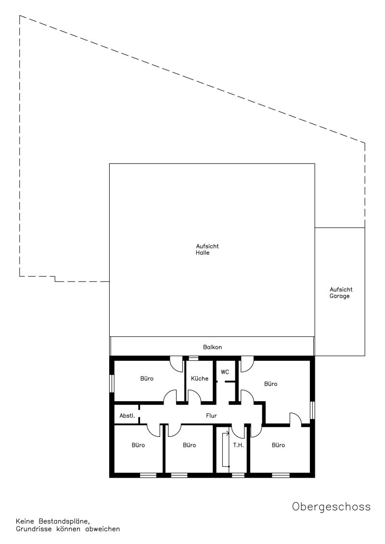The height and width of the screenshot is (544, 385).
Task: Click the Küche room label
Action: tap(199, 379)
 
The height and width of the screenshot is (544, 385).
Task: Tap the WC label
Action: tap(225, 372)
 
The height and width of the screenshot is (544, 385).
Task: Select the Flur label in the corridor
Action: tap(211, 416)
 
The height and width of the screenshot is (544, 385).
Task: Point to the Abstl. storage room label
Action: tap(127, 416)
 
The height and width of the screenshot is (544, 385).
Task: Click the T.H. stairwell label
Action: tap(238, 445)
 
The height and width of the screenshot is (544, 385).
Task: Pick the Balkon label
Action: tap(212, 347)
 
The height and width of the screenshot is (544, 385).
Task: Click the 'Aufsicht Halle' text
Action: tap(207, 249)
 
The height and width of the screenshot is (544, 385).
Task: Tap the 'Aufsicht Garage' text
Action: tap(341, 293)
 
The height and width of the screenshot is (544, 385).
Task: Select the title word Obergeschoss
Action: tap(331, 507)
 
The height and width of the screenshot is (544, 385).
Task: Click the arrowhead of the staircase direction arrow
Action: tap(228, 433)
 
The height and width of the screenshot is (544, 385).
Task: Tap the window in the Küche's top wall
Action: tap(193, 358)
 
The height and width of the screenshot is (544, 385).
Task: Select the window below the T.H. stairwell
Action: tap(238, 475)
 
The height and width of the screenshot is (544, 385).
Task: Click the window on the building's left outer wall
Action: tap(112, 383)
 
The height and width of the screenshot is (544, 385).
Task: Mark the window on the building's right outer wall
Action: tap(312, 410)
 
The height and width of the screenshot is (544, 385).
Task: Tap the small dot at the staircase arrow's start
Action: tap(229, 467)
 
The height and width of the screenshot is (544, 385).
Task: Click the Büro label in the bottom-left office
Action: tap(138, 445)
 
